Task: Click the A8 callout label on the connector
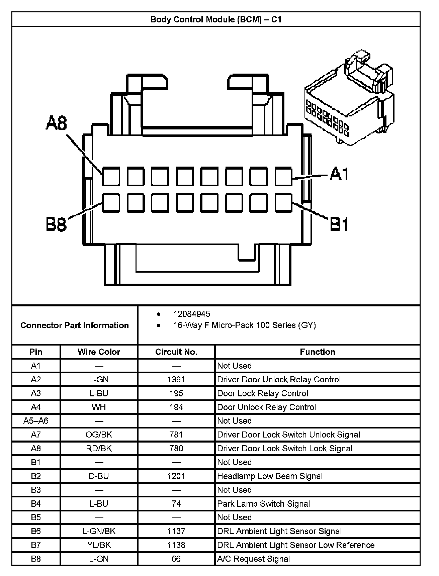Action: click(57, 123)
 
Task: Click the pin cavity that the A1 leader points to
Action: click(283, 177)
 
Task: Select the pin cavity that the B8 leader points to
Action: click(111, 203)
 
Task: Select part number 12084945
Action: click(192, 314)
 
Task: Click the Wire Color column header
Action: click(99, 352)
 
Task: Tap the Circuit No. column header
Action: click(176, 352)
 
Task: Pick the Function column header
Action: click(317, 352)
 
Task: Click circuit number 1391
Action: click(176, 379)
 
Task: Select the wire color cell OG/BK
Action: click(99, 435)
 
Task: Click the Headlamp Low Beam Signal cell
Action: click(270, 476)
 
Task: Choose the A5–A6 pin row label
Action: click(36, 421)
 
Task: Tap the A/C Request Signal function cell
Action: click(254, 559)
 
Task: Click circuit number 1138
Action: click(176, 545)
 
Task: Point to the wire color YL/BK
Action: click(99, 545)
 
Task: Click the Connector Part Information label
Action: click(75, 325)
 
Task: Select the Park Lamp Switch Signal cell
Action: click(264, 503)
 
